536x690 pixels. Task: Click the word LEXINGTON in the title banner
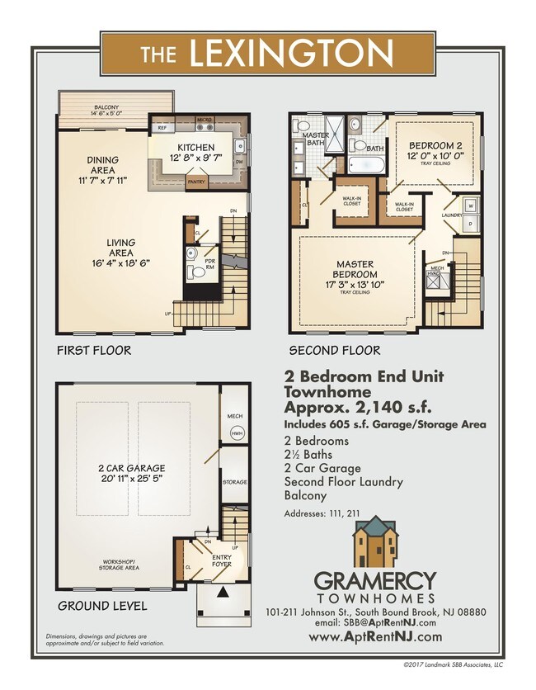pos(290,54)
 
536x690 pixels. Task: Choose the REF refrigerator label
pos(162,128)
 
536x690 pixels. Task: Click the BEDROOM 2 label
pos(435,144)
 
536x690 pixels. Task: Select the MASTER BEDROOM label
pos(354,269)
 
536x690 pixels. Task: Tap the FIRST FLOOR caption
pos(93,350)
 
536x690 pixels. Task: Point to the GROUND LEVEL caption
pos(102,606)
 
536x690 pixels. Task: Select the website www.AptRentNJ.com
pos(375,636)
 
